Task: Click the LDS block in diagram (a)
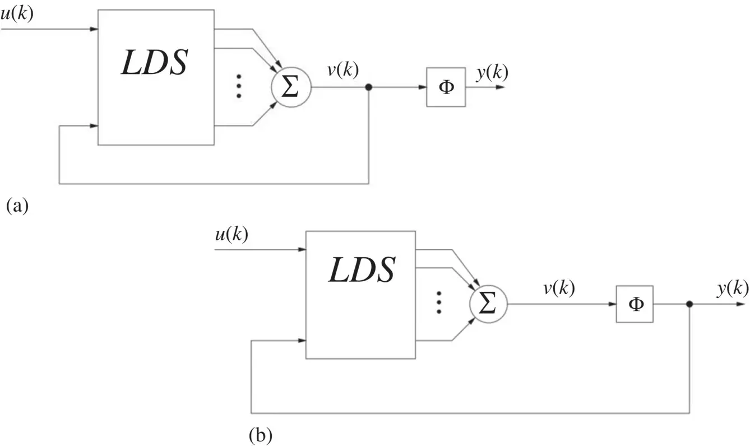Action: [x=156, y=77]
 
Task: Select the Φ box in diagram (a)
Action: [x=446, y=87]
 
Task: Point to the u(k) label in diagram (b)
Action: [x=231, y=235]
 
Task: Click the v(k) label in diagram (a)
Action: [x=342, y=70]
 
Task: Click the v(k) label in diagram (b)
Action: [x=558, y=289]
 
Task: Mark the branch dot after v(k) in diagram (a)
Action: [x=368, y=87]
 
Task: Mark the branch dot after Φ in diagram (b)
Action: [x=689, y=304]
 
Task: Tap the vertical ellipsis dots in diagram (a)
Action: [x=239, y=86]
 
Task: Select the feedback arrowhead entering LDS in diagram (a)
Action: [x=95, y=126]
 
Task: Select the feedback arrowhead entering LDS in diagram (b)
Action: [x=302, y=341]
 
